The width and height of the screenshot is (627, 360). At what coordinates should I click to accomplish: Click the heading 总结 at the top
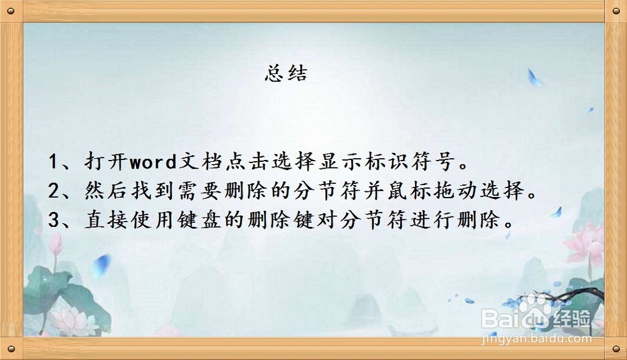click(x=286, y=75)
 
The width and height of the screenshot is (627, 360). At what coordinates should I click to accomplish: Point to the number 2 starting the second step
click(x=53, y=191)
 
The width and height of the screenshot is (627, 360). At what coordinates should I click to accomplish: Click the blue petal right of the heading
click(x=534, y=78)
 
